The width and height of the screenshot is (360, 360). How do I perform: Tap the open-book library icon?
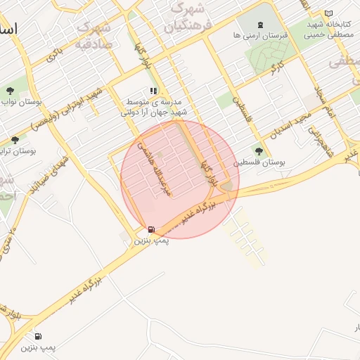click(328, 14)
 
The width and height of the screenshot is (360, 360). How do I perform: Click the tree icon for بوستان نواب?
click(10, 91)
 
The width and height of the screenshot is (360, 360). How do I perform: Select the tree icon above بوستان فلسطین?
click(260, 151)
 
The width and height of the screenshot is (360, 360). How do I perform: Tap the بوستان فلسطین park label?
click(260, 162)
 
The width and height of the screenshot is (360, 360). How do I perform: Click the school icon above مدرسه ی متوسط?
click(153, 91)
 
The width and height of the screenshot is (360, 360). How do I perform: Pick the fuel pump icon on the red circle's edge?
click(151, 230)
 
